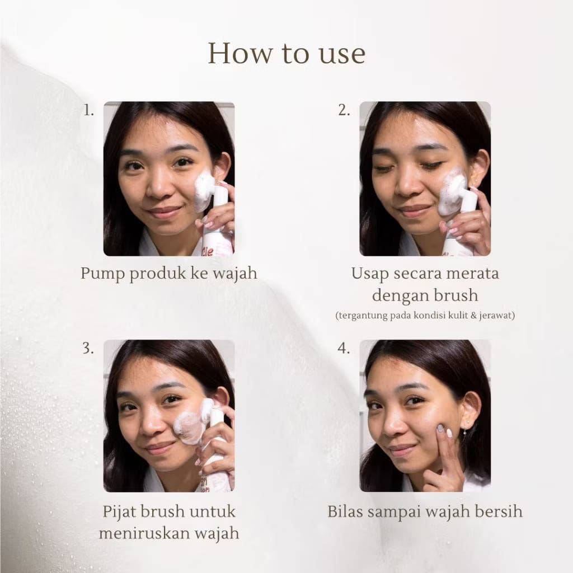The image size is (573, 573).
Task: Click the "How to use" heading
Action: (x=286, y=54)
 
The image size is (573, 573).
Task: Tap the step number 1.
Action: (x=88, y=110)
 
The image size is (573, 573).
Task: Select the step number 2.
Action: (x=344, y=110)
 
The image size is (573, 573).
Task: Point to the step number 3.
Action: (x=88, y=349)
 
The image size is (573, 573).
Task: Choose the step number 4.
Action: (x=344, y=349)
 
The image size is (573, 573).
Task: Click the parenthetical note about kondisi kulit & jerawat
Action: (x=425, y=316)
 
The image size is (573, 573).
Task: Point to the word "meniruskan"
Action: (x=143, y=533)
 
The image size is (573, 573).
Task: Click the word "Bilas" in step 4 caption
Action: (x=345, y=511)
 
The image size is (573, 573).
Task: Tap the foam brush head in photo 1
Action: (x=204, y=191)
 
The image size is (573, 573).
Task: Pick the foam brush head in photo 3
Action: (x=194, y=422)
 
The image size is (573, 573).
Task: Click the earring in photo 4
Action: (x=468, y=426)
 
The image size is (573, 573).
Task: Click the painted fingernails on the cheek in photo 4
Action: (x=444, y=431)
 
